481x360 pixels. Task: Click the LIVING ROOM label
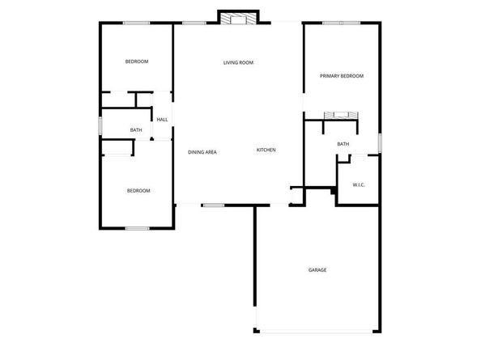(239, 62)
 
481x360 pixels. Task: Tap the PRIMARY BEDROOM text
(341, 76)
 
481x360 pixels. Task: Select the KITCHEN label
(266, 150)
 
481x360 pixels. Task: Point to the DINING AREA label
(202, 152)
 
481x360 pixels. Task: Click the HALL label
(162, 120)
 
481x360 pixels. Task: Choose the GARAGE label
(317, 269)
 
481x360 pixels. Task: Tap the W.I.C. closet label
(359, 185)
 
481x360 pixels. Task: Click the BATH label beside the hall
(136, 130)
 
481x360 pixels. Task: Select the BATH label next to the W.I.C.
(343, 145)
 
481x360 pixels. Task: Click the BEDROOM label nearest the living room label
(136, 62)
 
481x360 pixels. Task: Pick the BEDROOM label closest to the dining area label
(138, 191)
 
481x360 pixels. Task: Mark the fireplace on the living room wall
(239, 18)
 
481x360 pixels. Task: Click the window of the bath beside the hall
(100, 127)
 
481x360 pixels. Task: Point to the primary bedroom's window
(341, 23)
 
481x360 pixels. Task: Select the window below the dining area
(213, 205)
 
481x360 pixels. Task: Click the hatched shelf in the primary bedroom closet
(341, 115)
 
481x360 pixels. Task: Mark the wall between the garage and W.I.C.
(357, 205)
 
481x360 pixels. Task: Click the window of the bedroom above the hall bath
(136, 23)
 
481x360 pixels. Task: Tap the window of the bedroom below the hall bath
(137, 228)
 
